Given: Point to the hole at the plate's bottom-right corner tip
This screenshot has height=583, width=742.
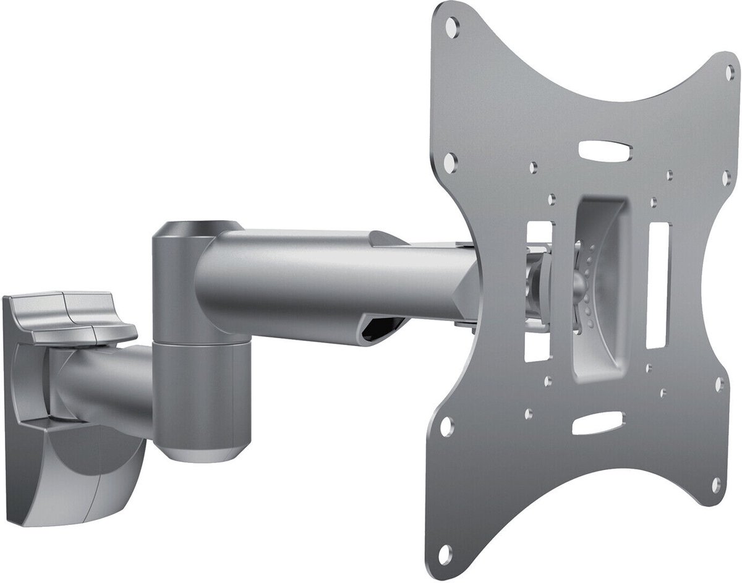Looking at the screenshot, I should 716,485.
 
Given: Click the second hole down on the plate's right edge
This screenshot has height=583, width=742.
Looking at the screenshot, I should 727,177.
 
